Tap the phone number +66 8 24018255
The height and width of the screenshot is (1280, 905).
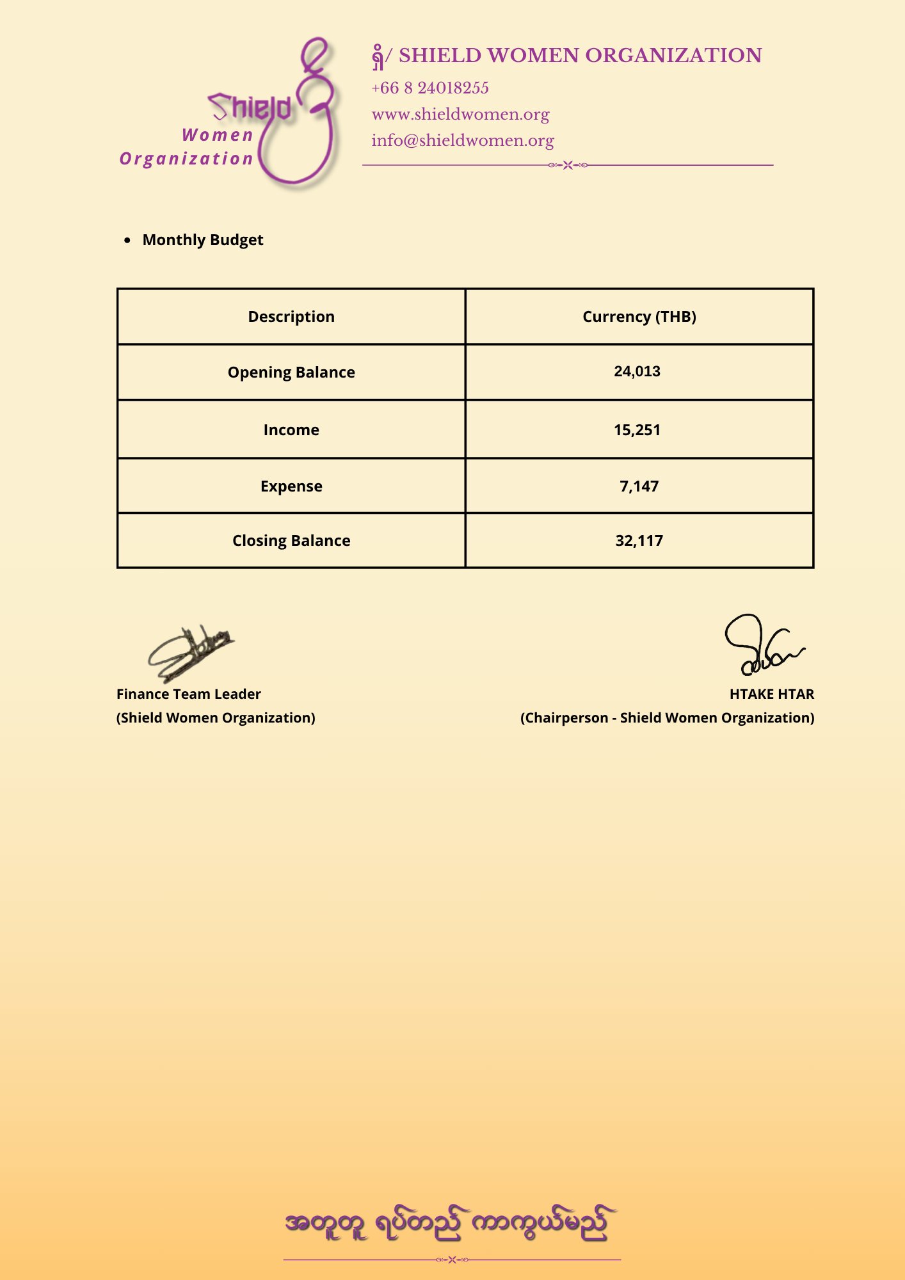430,88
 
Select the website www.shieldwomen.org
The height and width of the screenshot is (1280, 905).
460,115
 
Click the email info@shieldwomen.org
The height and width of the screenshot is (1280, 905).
463,141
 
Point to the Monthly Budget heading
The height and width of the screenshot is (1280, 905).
203,240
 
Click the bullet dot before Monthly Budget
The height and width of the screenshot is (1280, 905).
128,241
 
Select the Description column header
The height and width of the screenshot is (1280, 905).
291,317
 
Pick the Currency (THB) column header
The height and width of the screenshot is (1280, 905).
639,317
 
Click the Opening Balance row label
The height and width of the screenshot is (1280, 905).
291,372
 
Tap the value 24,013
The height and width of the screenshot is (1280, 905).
637,372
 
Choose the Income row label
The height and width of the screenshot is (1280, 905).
291,430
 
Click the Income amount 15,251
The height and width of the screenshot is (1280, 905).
637,430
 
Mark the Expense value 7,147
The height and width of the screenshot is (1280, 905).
639,486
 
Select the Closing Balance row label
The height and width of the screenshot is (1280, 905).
291,541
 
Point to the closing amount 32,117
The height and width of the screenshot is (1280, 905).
639,541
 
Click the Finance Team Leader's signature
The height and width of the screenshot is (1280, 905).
190,653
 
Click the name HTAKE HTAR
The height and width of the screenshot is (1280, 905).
771,694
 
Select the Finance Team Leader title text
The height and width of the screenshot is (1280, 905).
189,694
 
